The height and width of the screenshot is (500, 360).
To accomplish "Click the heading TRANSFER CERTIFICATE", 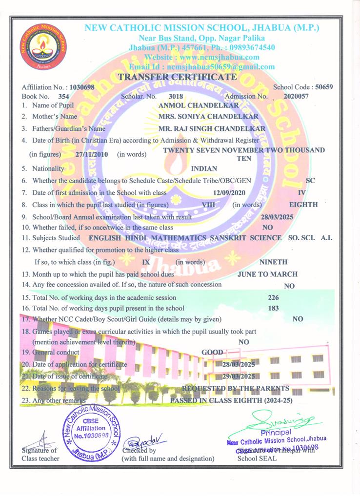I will [178, 77].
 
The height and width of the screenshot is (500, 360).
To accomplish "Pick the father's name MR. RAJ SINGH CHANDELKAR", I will [212, 128].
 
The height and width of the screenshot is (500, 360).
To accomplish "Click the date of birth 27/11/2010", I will [92, 154].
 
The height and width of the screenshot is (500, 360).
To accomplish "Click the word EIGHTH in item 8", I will [303, 205].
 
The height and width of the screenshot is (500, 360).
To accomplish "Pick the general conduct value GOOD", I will [212, 352].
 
